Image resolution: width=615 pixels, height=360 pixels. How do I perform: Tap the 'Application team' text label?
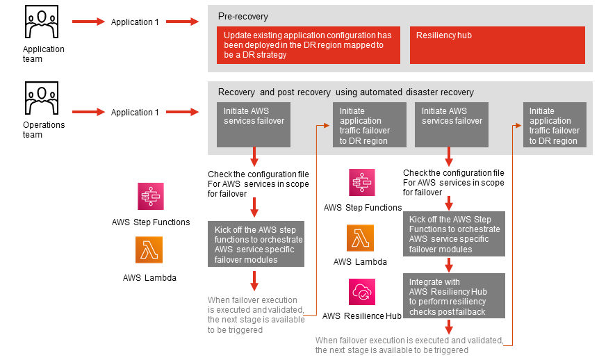(43, 54)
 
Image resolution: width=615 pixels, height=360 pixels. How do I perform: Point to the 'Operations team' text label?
(43, 130)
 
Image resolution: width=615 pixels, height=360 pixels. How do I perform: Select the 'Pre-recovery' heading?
(243, 16)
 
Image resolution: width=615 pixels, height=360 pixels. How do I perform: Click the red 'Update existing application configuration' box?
(308, 45)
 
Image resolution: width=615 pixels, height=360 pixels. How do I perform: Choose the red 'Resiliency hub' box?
(497, 45)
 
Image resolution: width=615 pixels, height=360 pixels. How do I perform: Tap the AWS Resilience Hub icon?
(362, 292)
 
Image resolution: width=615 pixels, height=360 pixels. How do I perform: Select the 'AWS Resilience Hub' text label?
(362, 316)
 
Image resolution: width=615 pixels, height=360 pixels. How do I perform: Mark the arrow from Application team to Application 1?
(88, 22)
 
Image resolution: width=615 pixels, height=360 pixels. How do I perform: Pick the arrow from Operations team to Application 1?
(88, 112)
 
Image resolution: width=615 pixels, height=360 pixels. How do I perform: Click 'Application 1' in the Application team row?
(135, 22)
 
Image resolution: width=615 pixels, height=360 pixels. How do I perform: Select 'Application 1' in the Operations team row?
(135, 112)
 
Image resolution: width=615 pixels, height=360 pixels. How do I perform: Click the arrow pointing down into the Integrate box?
(450, 264)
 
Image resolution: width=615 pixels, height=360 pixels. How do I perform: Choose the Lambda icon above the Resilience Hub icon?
(361, 239)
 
